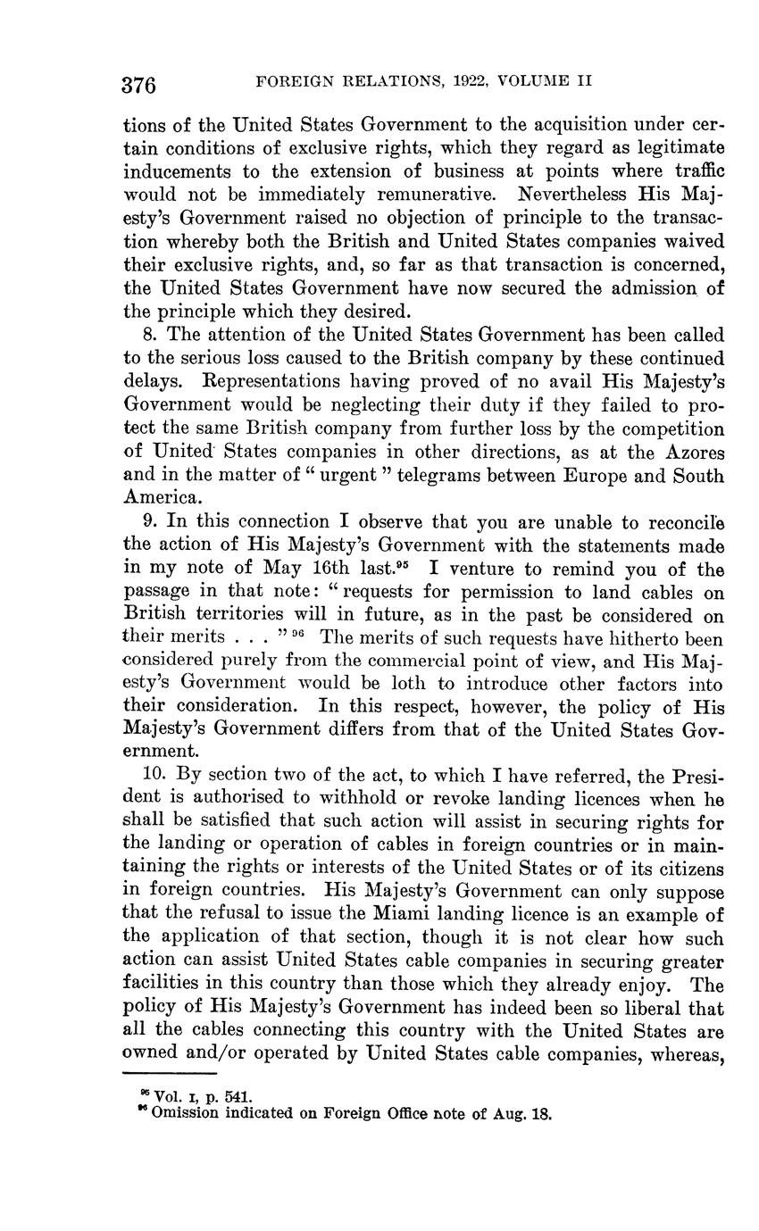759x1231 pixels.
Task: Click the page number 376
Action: point(139,86)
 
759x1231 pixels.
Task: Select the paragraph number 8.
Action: point(148,336)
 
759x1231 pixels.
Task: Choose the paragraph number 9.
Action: point(148,521)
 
